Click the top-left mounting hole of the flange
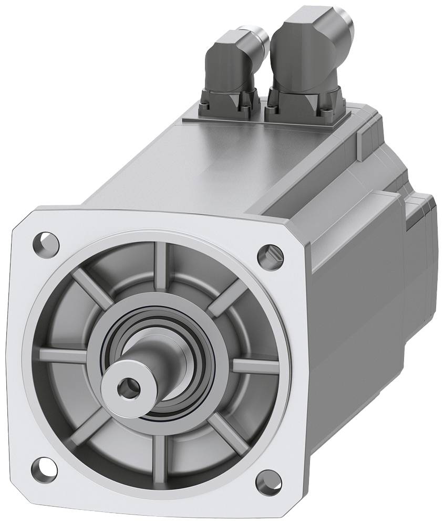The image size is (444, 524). [x=46, y=242]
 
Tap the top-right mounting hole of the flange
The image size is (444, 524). [x=270, y=255]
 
